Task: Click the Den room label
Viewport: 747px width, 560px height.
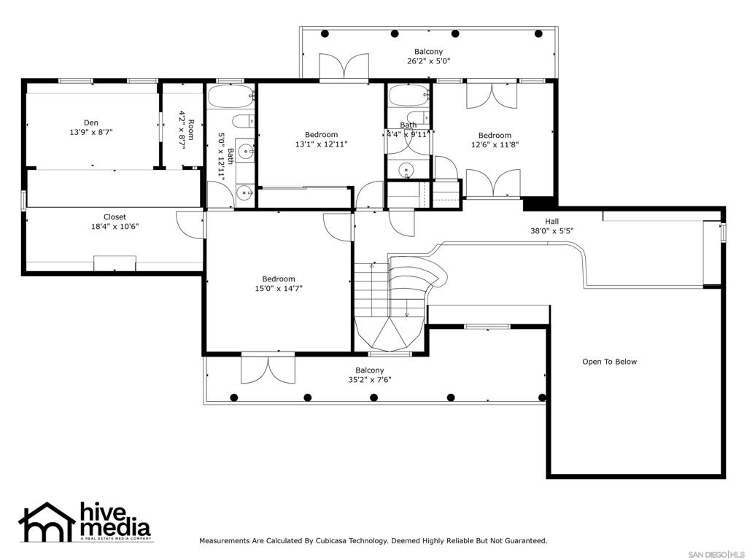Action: coord(91,128)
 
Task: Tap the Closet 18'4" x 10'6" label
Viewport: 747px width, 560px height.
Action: coord(115,222)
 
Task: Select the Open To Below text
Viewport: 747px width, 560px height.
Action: coord(609,362)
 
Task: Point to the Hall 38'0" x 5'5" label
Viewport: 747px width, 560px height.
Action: coord(551,226)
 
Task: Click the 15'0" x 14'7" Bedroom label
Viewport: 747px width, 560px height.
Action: coord(279,284)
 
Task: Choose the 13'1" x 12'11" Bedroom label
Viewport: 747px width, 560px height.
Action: coord(321,139)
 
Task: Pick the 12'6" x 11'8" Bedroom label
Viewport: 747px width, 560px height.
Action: coord(494,140)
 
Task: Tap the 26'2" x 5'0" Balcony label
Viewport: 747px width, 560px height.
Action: coord(428,57)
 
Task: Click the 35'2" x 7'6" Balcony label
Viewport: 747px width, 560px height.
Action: coord(369,375)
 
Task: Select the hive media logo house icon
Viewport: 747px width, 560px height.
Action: coord(47,521)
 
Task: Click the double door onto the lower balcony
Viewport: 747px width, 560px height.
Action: coord(268,368)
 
